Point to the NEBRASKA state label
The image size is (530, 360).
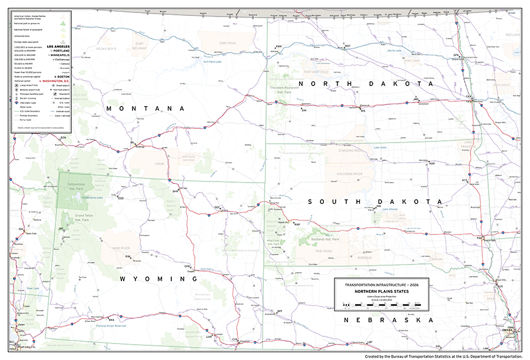pos(389,319)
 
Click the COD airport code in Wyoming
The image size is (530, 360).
pos(121,199)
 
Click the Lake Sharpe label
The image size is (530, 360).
pos(390,209)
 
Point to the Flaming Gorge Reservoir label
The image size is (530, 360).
pos(112,325)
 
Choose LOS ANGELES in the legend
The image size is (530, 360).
pos(60,46)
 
